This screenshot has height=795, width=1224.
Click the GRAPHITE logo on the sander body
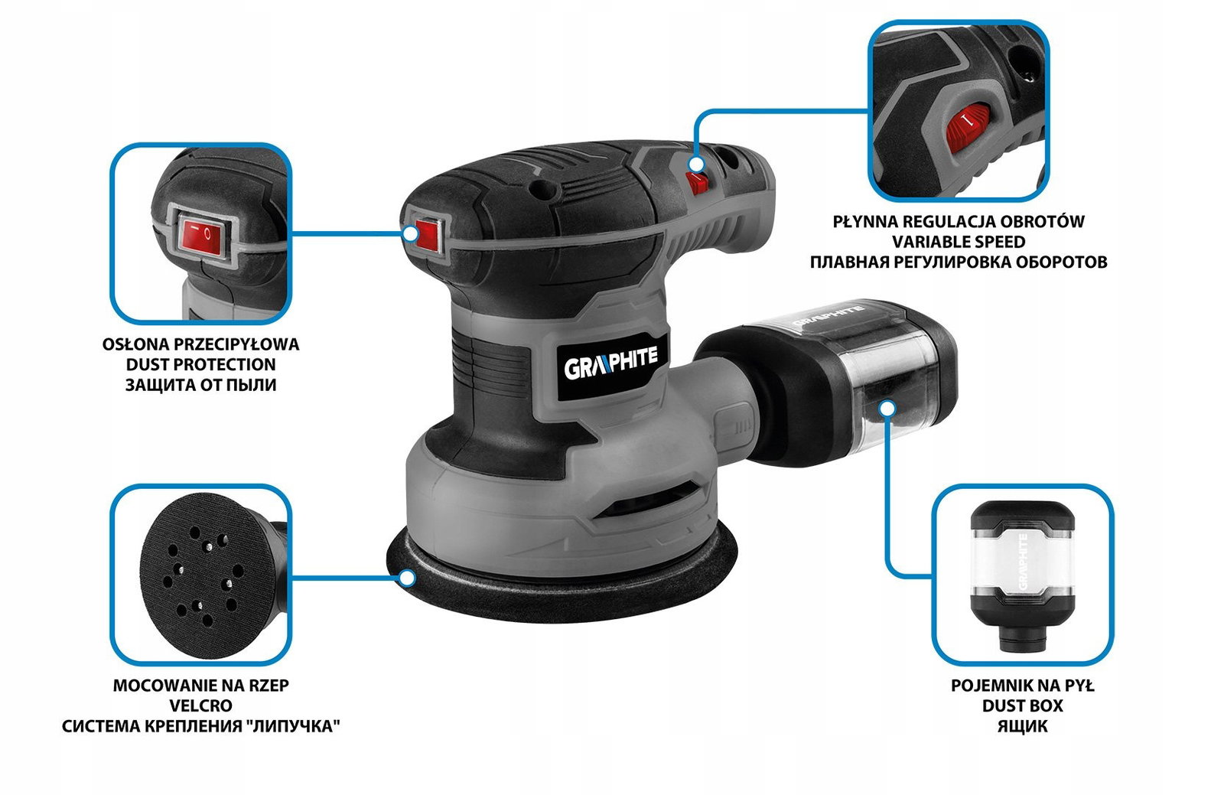(x=610, y=363)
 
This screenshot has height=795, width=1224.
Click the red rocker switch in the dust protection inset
(x=203, y=237)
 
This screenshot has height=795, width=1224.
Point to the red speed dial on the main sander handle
(x=698, y=183)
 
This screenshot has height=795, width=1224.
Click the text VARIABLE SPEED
(x=959, y=242)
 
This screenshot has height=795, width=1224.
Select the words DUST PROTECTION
(x=200, y=364)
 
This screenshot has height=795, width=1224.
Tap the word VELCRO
(x=200, y=705)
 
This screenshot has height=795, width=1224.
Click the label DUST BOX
(x=1022, y=705)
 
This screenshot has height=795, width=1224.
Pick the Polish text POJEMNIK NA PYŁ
(x=1022, y=685)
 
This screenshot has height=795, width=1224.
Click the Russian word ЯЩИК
(x=1022, y=726)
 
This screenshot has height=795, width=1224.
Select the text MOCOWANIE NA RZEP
(x=200, y=685)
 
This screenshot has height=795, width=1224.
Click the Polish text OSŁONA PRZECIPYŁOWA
(x=200, y=344)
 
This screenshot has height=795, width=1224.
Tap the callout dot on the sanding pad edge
(x=406, y=578)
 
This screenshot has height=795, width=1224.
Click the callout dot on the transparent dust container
(x=888, y=408)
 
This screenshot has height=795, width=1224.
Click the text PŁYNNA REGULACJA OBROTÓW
(x=959, y=221)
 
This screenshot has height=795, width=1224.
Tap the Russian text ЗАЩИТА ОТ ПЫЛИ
(x=200, y=385)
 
